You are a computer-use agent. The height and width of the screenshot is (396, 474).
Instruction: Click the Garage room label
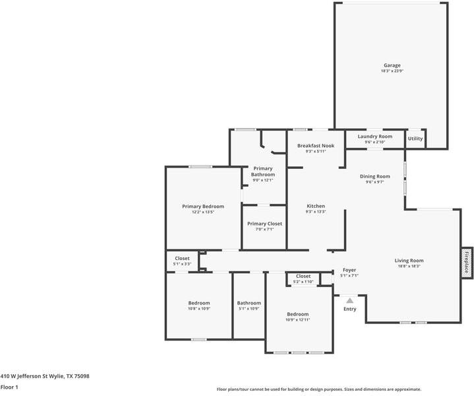[392, 65]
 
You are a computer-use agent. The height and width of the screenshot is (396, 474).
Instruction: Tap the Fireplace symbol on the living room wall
[467, 262]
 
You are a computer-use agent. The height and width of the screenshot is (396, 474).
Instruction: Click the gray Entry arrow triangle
[350, 301]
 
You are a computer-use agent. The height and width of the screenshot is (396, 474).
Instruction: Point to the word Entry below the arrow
[350, 309]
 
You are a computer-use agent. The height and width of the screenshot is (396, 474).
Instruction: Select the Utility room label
[415, 139]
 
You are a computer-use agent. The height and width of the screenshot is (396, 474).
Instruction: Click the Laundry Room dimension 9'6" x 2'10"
[375, 142]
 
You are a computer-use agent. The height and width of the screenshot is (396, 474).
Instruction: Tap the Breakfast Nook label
[316, 146]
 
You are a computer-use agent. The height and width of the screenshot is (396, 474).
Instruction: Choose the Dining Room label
[375, 176]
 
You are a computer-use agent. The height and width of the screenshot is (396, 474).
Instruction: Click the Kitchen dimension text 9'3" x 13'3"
[316, 212]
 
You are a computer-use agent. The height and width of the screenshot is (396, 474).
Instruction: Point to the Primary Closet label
[264, 224]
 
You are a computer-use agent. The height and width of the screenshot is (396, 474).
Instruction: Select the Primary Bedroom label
[203, 207]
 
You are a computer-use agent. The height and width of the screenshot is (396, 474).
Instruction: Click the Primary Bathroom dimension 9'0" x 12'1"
[262, 180]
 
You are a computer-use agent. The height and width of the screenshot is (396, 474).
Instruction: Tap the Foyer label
[349, 270]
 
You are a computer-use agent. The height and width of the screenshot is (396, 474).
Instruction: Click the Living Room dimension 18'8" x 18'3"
[409, 266]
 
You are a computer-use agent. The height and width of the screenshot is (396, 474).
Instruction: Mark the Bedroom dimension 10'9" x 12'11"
[298, 319]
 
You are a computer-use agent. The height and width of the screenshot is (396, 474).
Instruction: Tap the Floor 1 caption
[9, 387]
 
